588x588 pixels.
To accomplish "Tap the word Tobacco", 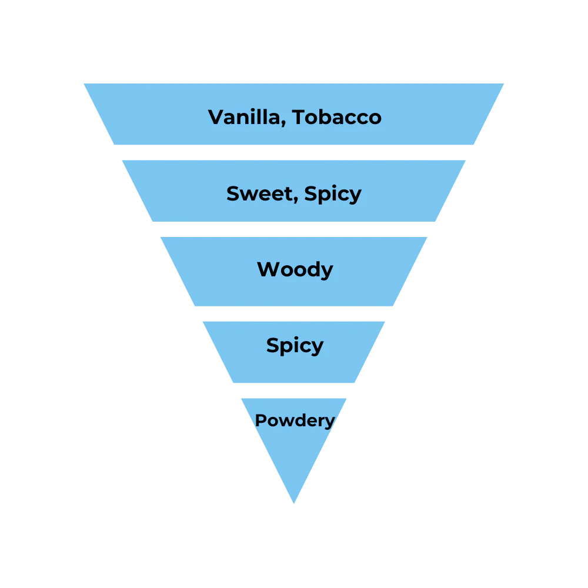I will pyautogui.click(x=337, y=117).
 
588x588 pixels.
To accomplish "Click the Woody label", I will pyautogui.click(x=295, y=270).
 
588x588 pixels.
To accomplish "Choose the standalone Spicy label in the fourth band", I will pyautogui.click(x=295, y=346).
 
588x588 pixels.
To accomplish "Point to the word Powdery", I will pyautogui.click(x=295, y=421).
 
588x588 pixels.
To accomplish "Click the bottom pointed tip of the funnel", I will pyautogui.click(x=294, y=505).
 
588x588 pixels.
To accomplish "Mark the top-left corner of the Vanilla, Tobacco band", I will pyautogui.click(x=82, y=82).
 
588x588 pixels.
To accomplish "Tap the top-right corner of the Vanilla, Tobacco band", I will pyautogui.click(x=506, y=82).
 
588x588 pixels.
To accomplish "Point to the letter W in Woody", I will pyautogui.click(x=268, y=269).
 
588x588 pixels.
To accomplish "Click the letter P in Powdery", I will pyautogui.click(x=260, y=420).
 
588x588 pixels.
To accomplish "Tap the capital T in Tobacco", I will pyautogui.click(x=300, y=117).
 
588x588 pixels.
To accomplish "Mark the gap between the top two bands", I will pyautogui.click(x=294, y=153).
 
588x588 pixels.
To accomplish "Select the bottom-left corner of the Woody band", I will pyautogui.click(x=194, y=307).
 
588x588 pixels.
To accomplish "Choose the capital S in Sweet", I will pyautogui.click(x=233, y=193).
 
